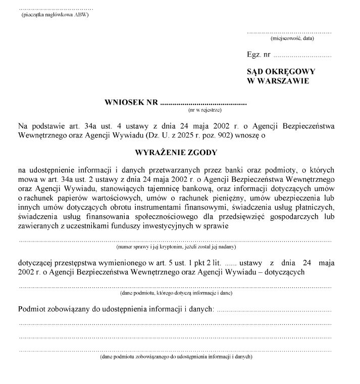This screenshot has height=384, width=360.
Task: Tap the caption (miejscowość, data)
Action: click(x=292, y=38)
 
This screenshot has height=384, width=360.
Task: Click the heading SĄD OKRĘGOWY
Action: click(x=281, y=72)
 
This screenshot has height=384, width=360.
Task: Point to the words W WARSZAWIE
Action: click(x=278, y=81)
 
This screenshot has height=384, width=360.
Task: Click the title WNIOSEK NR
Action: click(x=131, y=102)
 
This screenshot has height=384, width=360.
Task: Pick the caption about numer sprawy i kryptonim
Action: click(x=176, y=247)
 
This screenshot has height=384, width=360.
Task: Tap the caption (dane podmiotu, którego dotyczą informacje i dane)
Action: click(x=176, y=293)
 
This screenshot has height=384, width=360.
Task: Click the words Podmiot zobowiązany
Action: click(x=53, y=309)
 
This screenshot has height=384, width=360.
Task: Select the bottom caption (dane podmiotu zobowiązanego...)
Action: click(x=176, y=357)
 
